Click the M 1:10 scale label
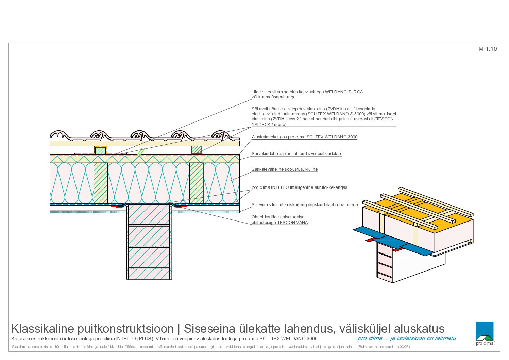tap(488, 49)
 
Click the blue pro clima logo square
tap(485, 331)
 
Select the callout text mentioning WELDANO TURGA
tap(307, 94)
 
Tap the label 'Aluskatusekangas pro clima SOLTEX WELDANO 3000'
tap(305, 137)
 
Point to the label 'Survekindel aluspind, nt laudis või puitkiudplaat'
tap(296, 154)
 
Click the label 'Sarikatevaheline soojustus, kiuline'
tap(285, 169)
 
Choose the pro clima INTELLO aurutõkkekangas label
tap(300, 187)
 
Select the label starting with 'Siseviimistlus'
tap(305, 205)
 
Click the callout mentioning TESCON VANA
tap(280, 220)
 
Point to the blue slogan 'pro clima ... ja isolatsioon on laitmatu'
tap(407, 338)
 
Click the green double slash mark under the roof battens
tap(141, 152)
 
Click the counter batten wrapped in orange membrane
tap(100, 150)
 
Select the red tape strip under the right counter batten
tap(197, 154)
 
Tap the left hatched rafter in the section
tap(101, 183)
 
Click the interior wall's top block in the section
tap(149, 215)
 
